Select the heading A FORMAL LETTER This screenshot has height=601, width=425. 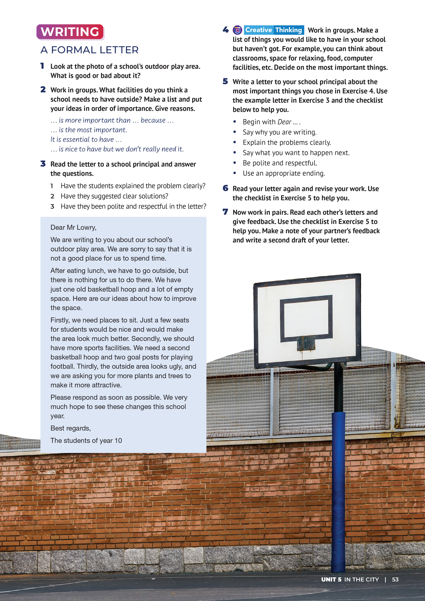[x=90, y=50]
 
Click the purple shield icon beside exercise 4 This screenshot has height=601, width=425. [x=237, y=30]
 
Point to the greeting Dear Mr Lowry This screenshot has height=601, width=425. [x=73, y=228]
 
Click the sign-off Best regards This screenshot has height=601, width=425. [x=70, y=428]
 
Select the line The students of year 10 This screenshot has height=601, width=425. [x=86, y=440]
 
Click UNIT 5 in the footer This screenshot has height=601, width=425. [x=331, y=580]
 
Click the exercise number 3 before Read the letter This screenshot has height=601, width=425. [x=43, y=164]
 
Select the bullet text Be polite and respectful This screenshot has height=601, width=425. [x=280, y=163]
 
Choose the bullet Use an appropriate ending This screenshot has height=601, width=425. [x=284, y=173]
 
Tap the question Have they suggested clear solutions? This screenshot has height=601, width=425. [x=114, y=196]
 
